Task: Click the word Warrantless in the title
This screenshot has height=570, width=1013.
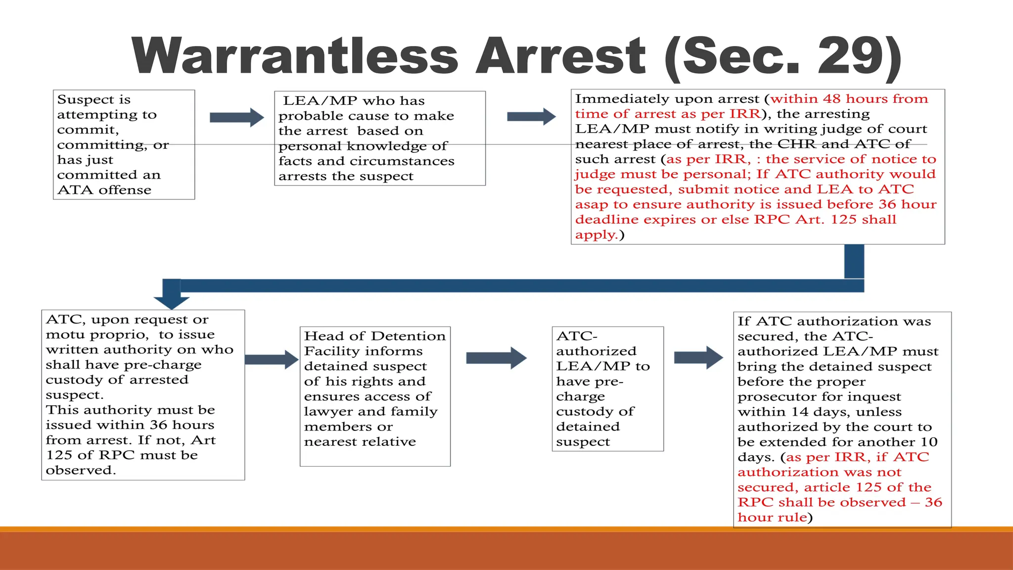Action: (x=295, y=56)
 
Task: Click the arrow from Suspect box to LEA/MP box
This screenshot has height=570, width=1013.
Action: (x=236, y=117)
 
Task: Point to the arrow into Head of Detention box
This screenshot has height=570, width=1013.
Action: (x=271, y=360)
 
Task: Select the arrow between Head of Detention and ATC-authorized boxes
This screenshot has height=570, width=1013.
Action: (x=496, y=358)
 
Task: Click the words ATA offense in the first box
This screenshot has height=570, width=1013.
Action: (x=104, y=190)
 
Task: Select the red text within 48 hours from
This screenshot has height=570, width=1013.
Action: (x=849, y=99)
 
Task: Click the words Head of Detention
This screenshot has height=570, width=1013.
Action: (x=374, y=336)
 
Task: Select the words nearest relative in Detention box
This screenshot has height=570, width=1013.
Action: (x=360, y=441)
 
